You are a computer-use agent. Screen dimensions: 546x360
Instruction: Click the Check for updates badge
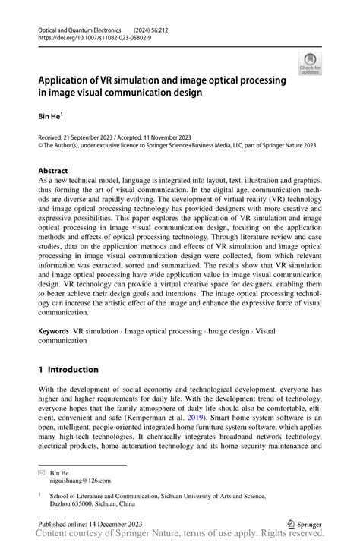coord(310,64)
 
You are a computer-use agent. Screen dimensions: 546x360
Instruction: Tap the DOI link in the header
coord(90,36)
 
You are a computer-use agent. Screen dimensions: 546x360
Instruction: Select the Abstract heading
coord(52,171)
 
